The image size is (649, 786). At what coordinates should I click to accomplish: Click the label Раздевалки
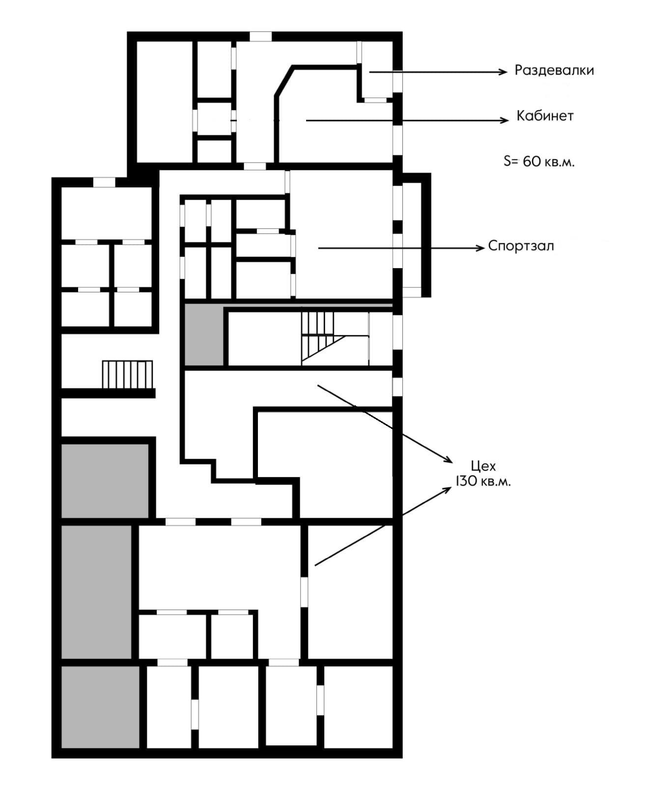point(554,70)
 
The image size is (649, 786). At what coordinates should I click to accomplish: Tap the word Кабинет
point(545,116)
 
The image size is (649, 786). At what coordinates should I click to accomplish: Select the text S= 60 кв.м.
point(539,161)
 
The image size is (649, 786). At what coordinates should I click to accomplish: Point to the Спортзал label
point(521,246)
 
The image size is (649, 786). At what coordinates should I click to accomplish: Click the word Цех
point(483,466)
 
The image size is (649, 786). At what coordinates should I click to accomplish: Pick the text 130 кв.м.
point(483,481)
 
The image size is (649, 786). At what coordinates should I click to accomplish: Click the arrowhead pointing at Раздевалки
point(503,72)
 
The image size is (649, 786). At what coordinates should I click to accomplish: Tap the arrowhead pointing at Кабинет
point(505,120)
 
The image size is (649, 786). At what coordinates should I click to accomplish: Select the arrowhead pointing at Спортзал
point(480,248)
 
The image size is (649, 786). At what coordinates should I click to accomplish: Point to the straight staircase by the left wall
point(127,374)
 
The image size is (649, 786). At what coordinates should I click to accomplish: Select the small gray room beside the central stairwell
point(203,335)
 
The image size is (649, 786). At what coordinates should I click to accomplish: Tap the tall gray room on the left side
point(96,592)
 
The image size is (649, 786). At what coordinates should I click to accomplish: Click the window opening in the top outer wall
point(260,36)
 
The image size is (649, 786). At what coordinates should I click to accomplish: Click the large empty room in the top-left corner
point(164,102)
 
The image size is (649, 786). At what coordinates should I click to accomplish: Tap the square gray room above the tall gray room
point(105,480)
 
